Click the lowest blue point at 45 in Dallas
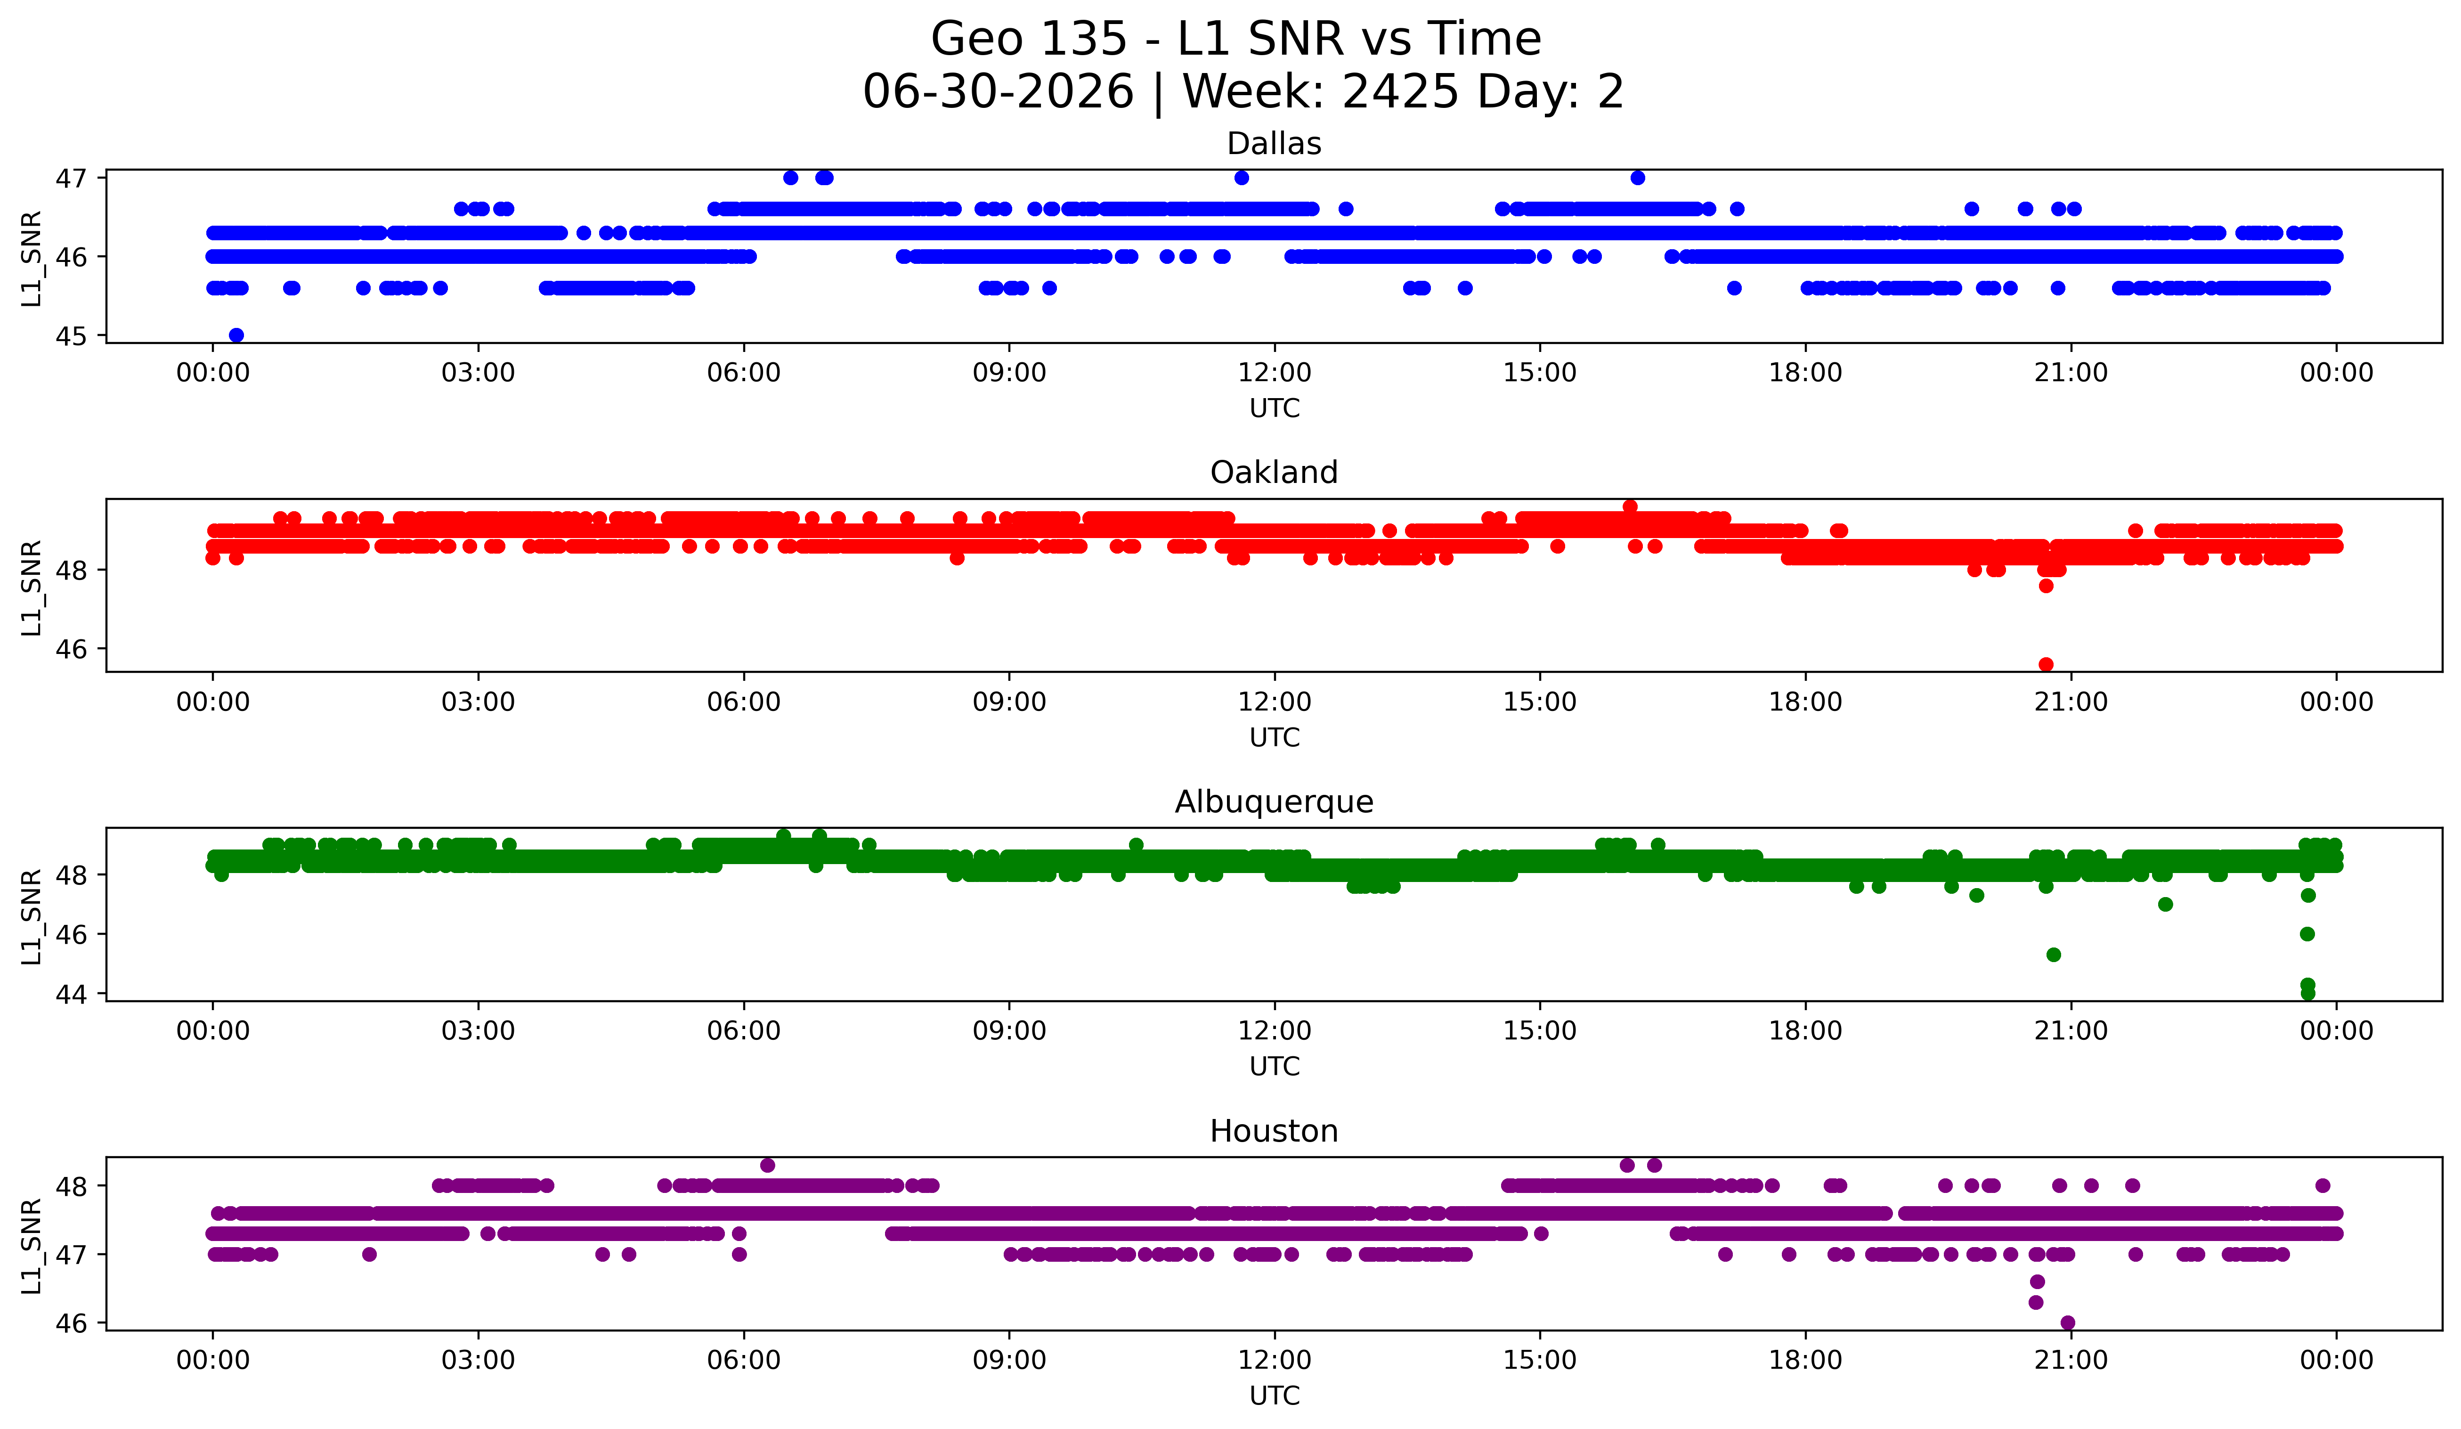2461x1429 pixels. pyautogui.click(x=236, y=335)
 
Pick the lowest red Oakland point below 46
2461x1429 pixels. pyautogui.click(x=2046, y=664)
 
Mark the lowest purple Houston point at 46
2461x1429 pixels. pyautogui.click(x=2067, y=1323)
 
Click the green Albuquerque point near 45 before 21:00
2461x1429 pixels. pyautogui.click(x=2054, y=954)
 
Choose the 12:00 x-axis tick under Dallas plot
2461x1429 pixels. pyautogui.click(x=1275, y=372)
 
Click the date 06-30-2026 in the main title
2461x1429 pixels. pyautogui.click(x=998, y=92)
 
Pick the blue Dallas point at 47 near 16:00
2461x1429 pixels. pyautogui.click(x=1638, y=178)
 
